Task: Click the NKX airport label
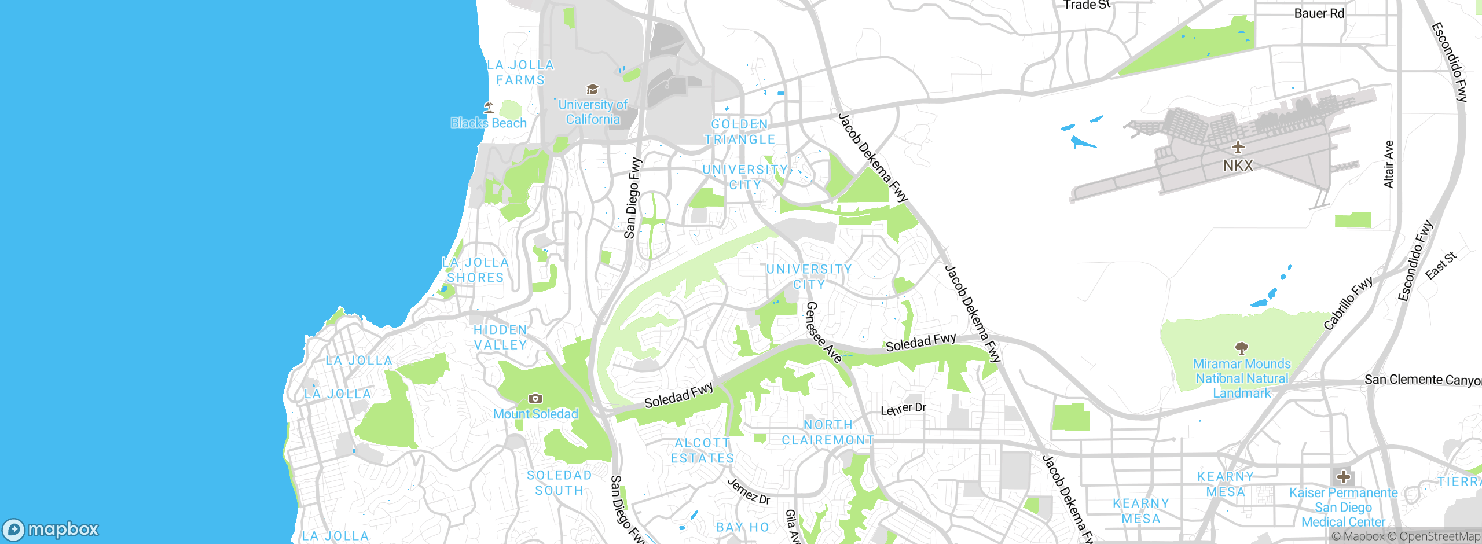click(1238, 166)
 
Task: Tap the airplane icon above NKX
click(1238, 147)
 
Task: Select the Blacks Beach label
click(489, 123)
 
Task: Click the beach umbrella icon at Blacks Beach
click(489, 107)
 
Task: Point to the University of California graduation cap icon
click(592, 90)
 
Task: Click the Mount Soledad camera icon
click(535, 398)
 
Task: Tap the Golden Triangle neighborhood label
click(740, 132)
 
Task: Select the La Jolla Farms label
click(520, 73)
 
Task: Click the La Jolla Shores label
click(475, 270)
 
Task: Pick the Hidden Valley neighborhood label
click(500, 337)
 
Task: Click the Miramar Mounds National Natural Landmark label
click(1242, 378)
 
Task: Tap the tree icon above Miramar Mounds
click(1241, 348)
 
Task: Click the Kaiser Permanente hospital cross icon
click(1344, 477)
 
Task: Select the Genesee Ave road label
click(824, 333)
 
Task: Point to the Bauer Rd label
click(1319, 13)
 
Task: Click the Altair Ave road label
click(1388, 164)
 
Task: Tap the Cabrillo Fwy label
click(1348, 303)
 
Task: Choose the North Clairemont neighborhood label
click(828, 432)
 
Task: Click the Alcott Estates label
click(702, 451)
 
